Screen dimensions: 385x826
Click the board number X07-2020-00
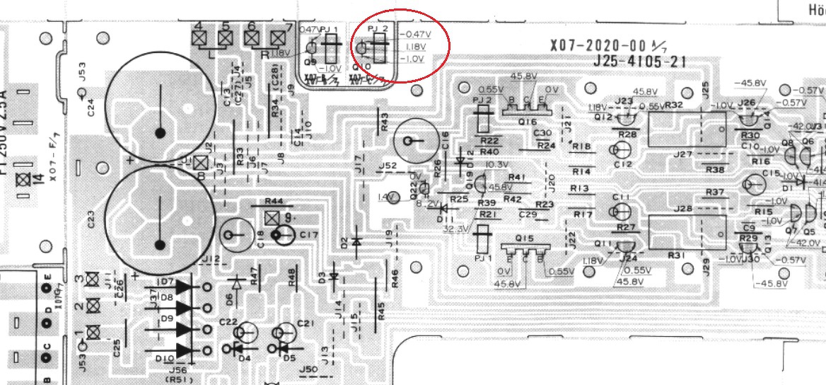click(x=593, y=46)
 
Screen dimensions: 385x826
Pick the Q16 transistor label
click(x=526, y=122)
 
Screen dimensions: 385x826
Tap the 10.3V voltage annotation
click(x=499, y=165)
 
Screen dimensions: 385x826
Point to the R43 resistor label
click(x=384, y=121)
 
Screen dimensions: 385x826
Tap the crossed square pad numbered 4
click(x=199, y=38)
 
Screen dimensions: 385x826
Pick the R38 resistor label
click(x=715, y=169)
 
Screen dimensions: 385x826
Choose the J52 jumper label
click(x=387, y=166)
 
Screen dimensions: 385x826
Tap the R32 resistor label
click(x=674, y=105)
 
